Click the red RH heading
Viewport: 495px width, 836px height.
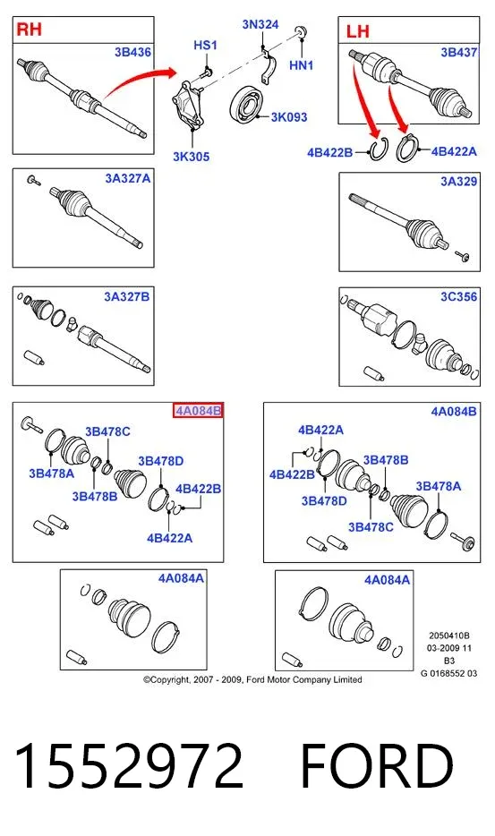coord(29,29)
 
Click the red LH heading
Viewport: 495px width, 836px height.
coord(357,31)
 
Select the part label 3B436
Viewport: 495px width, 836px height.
coord(132,52)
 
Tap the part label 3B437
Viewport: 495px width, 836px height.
coord(458,52)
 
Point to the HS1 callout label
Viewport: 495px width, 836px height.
coord(205,46)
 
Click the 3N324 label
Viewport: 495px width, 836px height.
coord(260,24)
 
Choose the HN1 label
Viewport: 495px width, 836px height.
coord(302,65)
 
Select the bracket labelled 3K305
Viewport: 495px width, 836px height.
coord(187,105)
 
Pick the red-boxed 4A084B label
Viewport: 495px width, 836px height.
coord(198,411)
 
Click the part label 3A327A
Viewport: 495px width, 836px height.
coord(128,179)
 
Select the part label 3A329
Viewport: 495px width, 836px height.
coord(458,182)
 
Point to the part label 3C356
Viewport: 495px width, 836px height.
coord(458,297)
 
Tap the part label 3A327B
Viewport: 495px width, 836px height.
coord(127,296)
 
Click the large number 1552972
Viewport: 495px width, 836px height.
coord(129,766)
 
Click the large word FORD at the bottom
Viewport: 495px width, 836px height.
coord(377,766)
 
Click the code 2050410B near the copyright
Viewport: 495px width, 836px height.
coord(449,636)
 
